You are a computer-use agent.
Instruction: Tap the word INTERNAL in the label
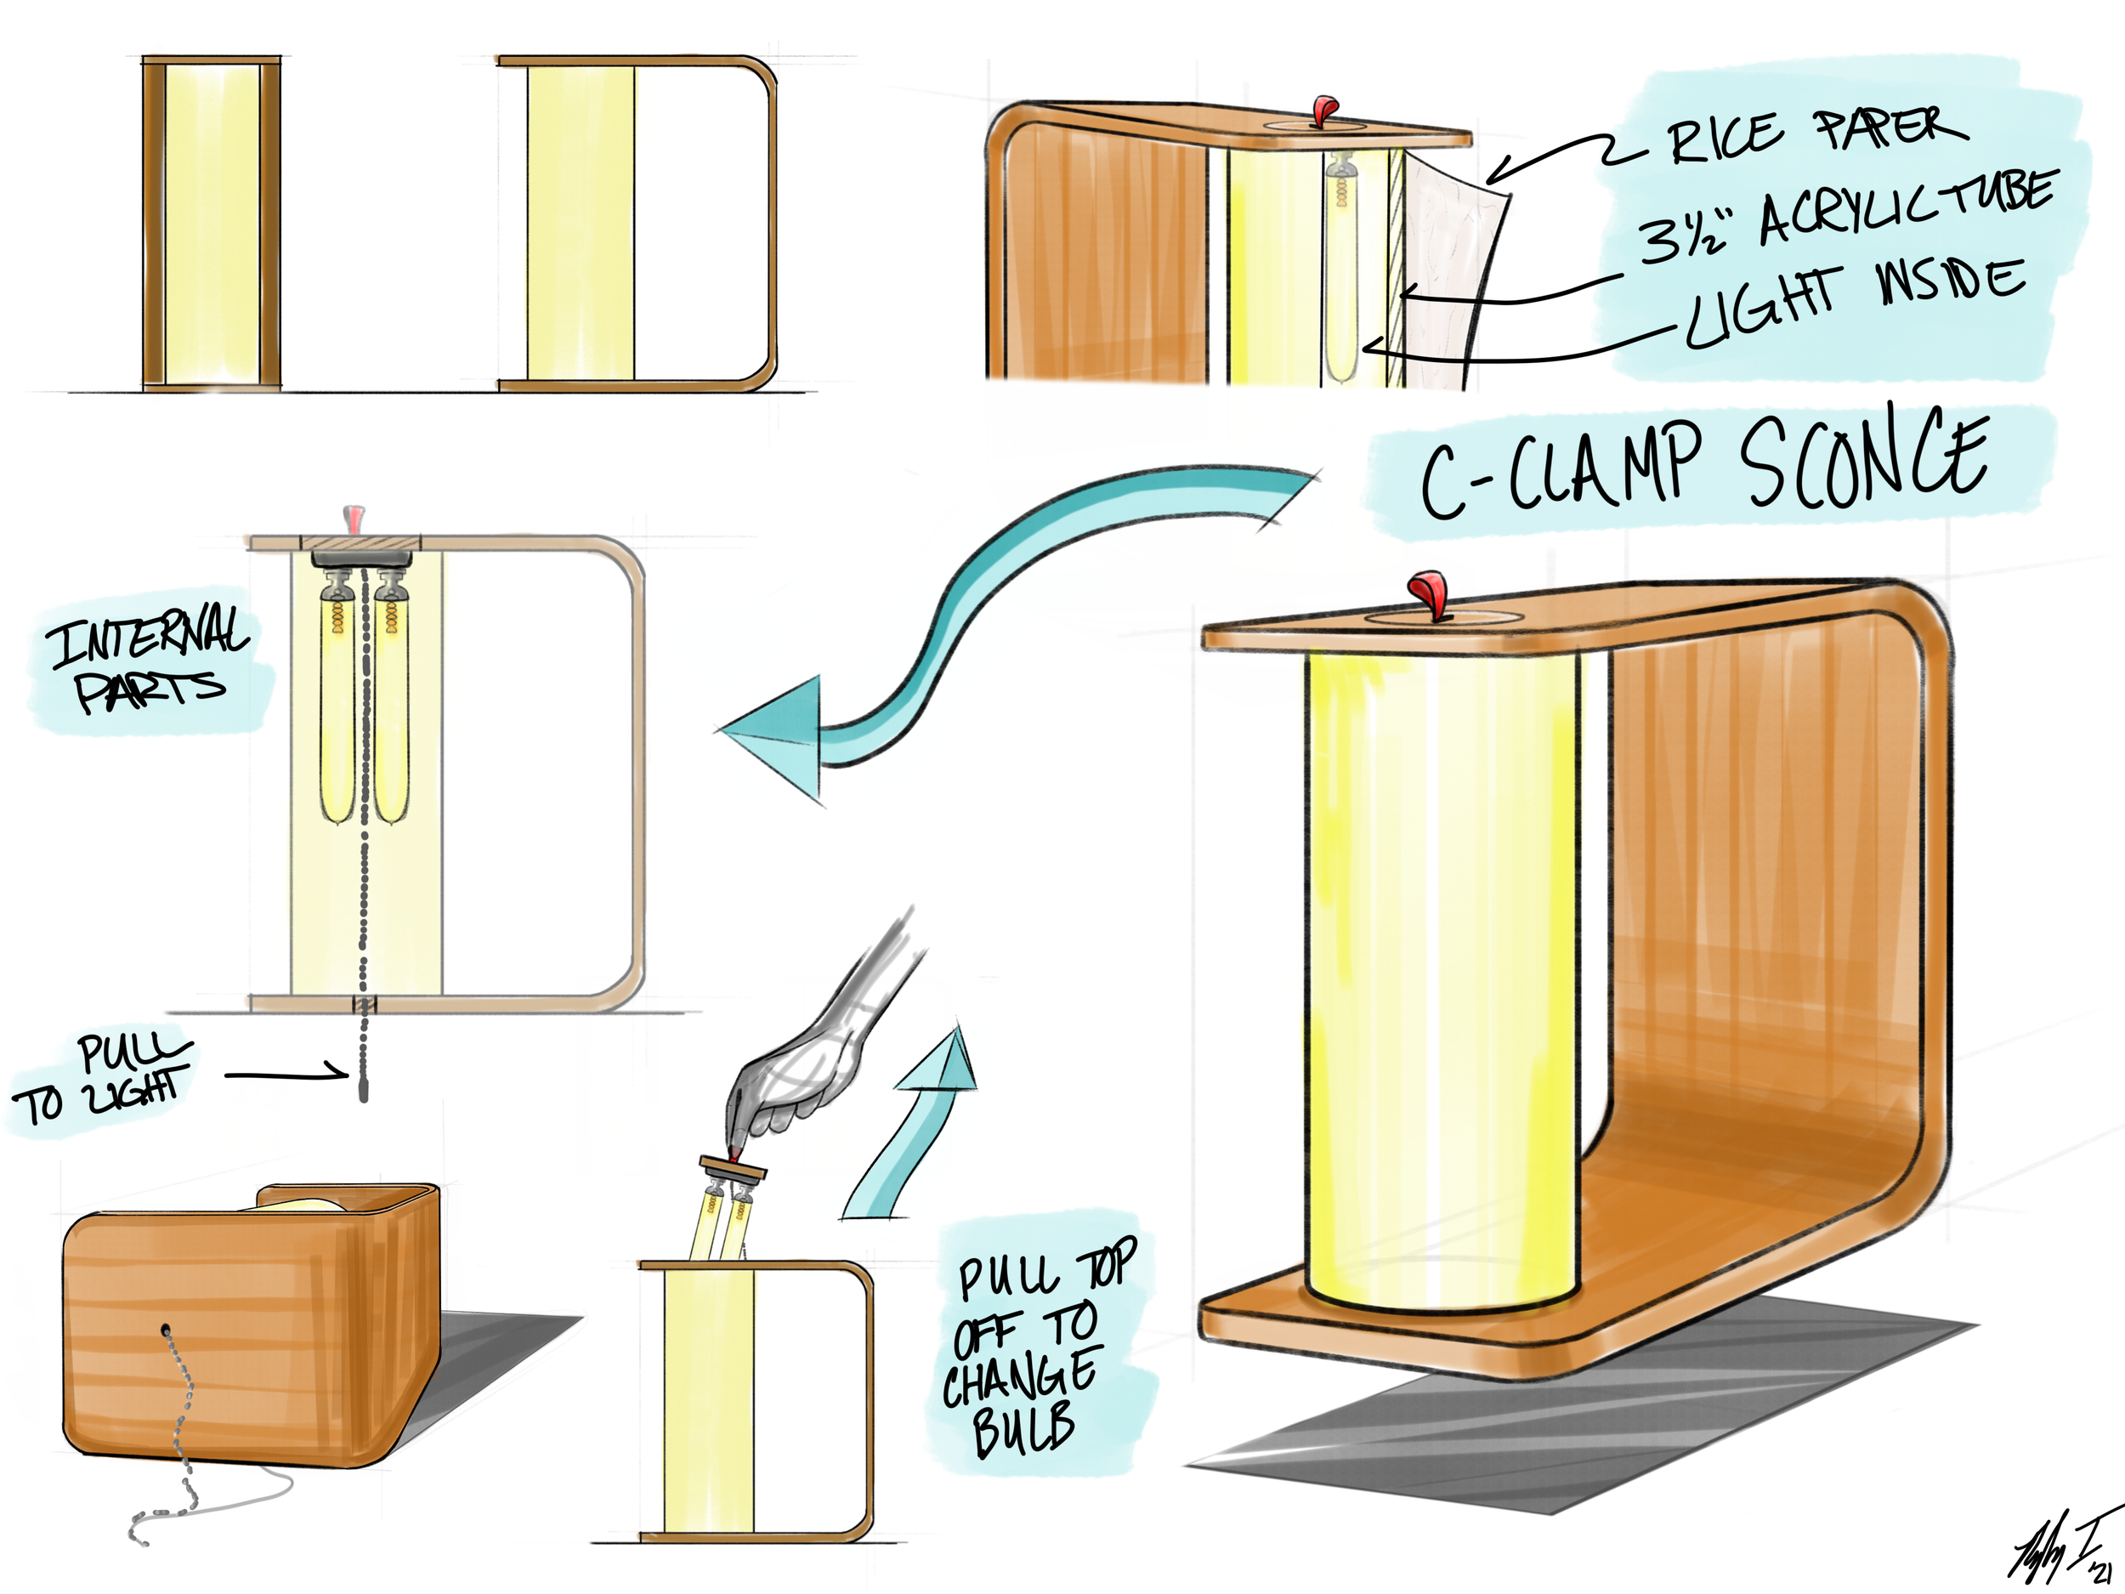click(149, 636)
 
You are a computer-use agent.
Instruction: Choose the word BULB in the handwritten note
click(1023, 1429)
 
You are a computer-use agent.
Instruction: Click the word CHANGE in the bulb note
click(1020, 1376)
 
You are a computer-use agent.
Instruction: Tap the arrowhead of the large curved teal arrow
click(778, 735)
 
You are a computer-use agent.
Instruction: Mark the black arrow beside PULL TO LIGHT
click(288, 1075)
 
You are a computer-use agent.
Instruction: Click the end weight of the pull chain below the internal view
click(363, 1092)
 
